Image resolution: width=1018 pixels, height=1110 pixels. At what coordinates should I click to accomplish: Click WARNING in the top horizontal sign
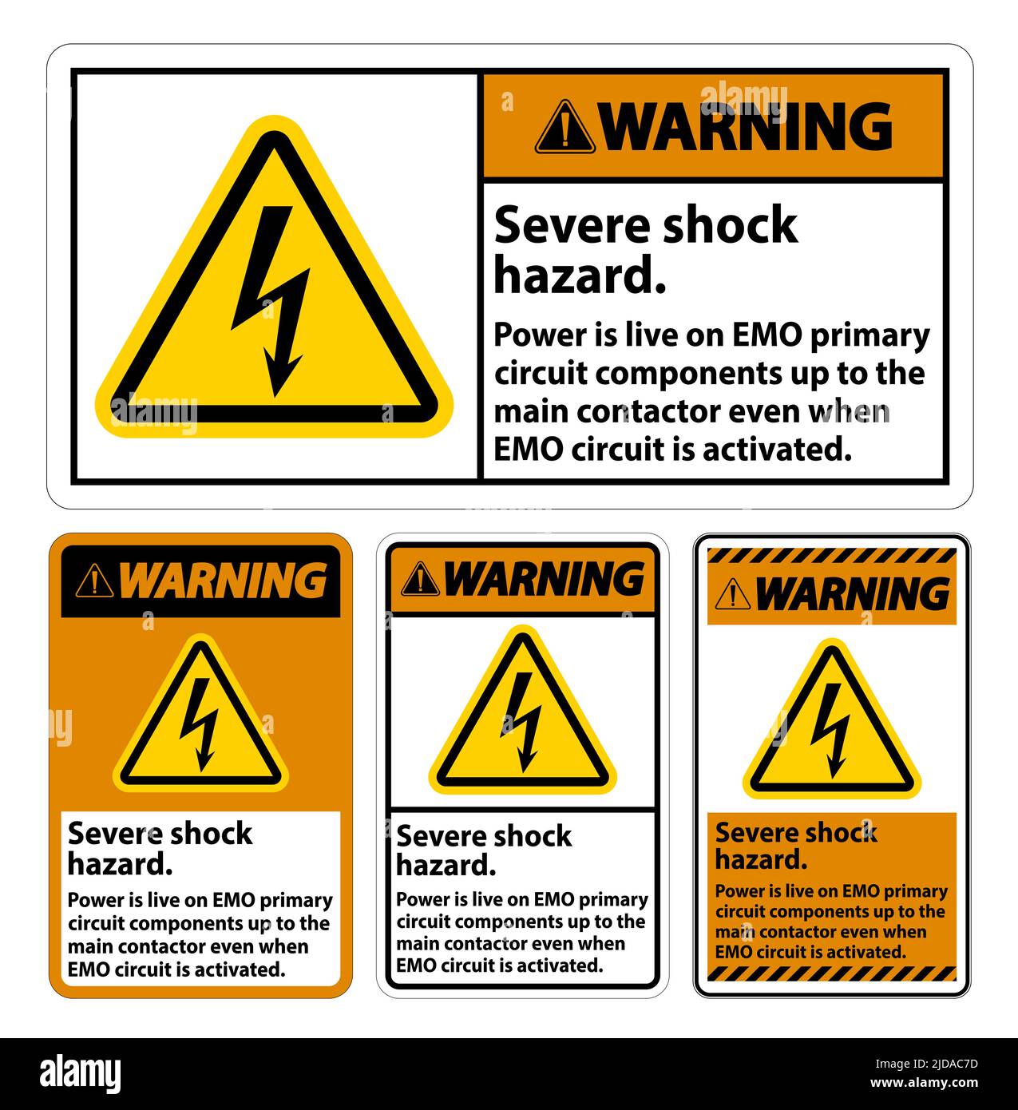coord(747,126)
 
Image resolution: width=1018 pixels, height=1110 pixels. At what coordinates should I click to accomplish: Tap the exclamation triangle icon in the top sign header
coord(565,127)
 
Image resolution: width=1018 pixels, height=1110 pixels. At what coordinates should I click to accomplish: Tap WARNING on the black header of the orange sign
coord(223,581)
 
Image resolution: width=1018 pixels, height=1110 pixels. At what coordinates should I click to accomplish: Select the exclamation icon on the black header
coord(94,581)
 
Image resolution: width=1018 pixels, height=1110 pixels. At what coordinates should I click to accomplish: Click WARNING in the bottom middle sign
coord(544,579)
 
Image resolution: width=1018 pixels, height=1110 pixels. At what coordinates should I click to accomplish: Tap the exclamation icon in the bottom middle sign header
coord(420,580)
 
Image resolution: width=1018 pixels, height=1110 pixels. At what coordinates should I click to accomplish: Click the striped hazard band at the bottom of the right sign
coord(831,973)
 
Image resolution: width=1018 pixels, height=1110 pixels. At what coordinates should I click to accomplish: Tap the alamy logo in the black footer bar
coord(81,1073)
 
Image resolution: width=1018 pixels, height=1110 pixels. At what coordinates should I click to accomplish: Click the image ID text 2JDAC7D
coord(938,1063)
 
